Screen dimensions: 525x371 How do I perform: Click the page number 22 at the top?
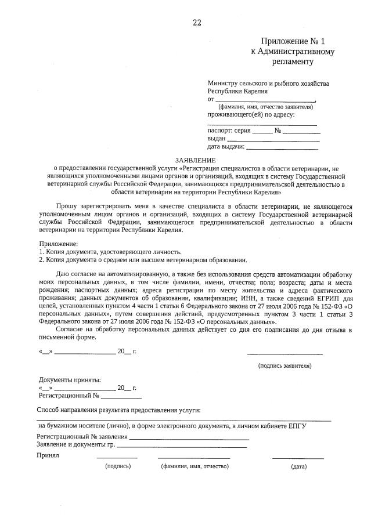pos(197,23)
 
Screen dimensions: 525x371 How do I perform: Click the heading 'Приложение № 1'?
pos(293,41)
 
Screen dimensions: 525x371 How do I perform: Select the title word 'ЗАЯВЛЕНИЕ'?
pos(196,160)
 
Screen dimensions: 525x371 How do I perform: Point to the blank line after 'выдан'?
pos(273,140)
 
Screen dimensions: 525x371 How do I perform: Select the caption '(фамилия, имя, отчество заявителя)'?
pos(266,107)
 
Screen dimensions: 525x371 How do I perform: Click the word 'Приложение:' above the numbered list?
pos(57,244)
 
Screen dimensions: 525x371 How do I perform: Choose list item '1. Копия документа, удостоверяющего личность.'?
pos(110,252)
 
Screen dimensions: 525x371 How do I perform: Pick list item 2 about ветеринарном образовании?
pos(143,260)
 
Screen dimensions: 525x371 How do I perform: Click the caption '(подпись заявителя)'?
pos(284,365)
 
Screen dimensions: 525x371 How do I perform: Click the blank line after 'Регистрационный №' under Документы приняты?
pos(121,397)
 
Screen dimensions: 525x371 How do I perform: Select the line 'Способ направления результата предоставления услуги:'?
pos(118,410)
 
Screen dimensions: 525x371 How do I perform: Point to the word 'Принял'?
pos(48,455)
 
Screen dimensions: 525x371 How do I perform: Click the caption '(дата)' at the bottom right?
pos(298,466)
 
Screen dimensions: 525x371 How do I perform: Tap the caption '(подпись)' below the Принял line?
pos(118,466)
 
